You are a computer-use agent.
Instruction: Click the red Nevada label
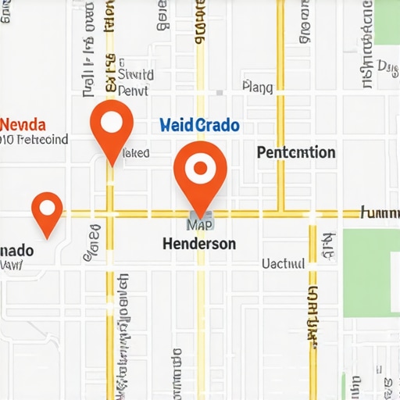tap(23, 124)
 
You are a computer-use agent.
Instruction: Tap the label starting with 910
tap(34, 140)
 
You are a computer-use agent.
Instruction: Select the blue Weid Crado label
tap(199, 125)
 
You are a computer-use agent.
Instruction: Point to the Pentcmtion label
tap(296, 152)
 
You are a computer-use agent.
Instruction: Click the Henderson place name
tap(199, 244)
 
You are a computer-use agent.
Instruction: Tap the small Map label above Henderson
tap(200, 225)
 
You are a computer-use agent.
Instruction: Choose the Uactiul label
tap(283, 265)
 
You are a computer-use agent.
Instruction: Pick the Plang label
tap(258, 87)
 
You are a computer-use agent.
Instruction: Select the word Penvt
tap(134, 91)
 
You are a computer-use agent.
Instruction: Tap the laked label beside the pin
tap(136, 154)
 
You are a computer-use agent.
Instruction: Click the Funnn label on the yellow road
tap(380, 212)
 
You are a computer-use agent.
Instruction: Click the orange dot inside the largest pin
tap(200, 167)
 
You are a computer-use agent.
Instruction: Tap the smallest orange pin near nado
tap(47, 212)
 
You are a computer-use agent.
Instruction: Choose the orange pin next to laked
tap(112, 127)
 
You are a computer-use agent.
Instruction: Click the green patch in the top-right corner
tap(387, 21)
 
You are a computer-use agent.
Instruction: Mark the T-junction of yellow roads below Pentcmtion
tap(281, 212)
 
